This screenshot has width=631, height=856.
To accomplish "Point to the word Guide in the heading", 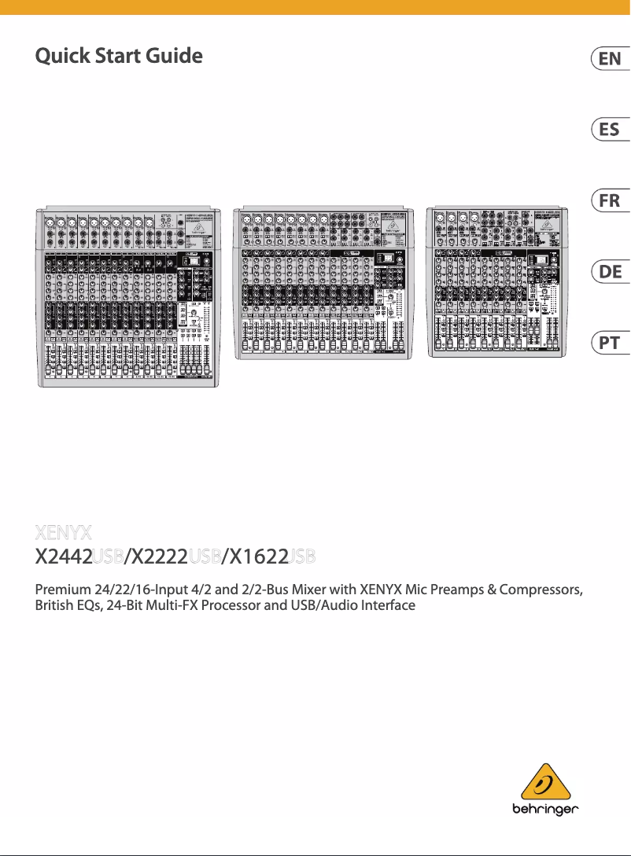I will [x=173, y=57].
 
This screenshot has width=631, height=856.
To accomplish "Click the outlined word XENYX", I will [x=65, y=532].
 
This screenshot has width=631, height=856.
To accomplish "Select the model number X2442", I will [x=64, y=557].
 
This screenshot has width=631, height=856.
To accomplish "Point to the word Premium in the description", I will [x=66, y=590].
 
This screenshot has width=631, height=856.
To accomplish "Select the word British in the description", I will [x=56, y=606].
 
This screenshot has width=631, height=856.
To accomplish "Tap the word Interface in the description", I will [x=386, y=606].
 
